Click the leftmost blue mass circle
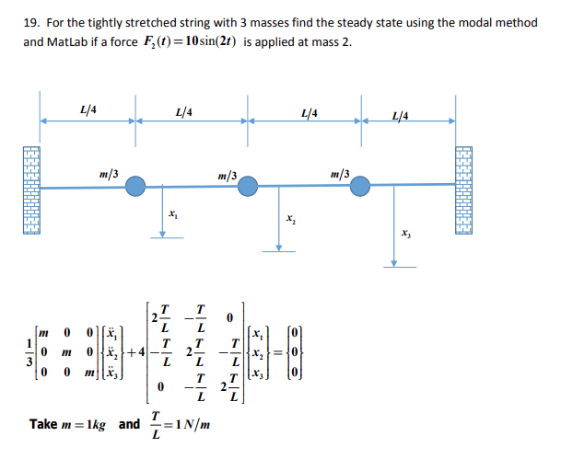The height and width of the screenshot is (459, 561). pos(135,187)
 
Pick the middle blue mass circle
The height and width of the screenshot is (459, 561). pos(247,187)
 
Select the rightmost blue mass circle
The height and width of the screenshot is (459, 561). pos(358,187)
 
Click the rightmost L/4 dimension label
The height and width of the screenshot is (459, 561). pos(400,114)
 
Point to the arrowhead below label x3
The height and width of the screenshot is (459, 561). pos(394,264)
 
